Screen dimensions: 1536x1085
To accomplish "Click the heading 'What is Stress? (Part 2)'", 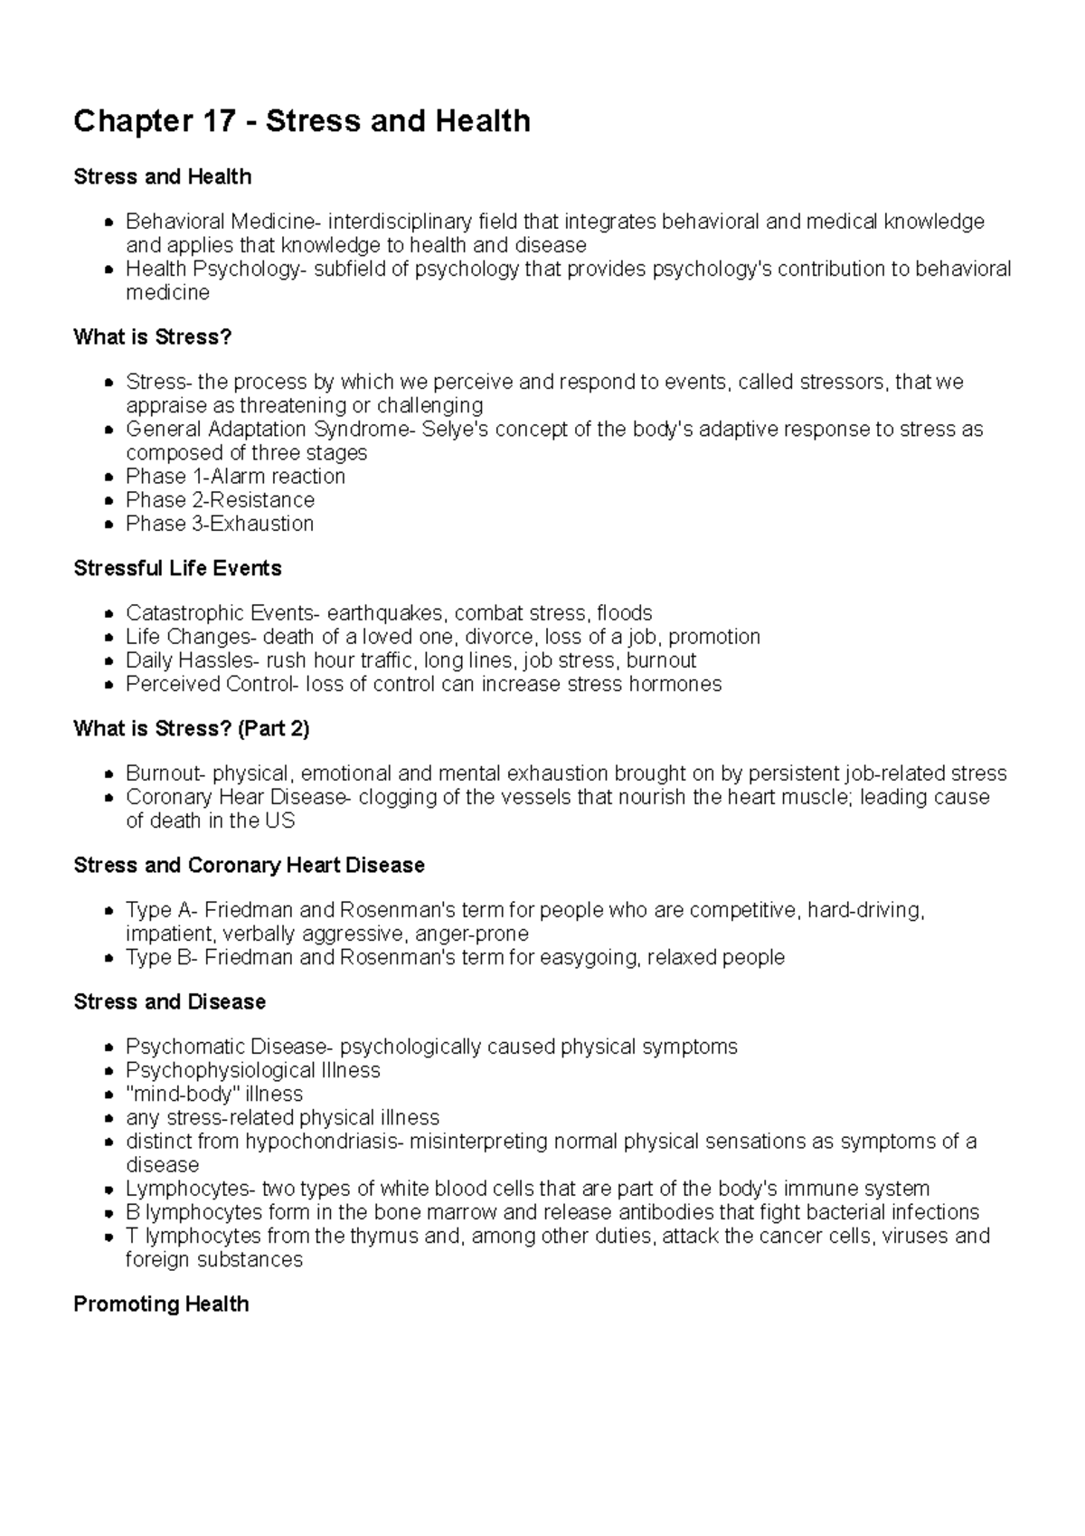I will click(191, 729).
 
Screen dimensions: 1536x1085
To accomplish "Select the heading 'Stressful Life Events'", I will click(177, 569).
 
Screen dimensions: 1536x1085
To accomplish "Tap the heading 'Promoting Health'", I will click(161, 1304).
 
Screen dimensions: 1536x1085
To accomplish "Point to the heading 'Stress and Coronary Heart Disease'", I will click(249, 866).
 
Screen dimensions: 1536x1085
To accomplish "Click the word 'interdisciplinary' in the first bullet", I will click(400, 223).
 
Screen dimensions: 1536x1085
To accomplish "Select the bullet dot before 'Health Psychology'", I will click(108, 270).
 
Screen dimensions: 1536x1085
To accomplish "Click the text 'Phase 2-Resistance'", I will click(220, 500).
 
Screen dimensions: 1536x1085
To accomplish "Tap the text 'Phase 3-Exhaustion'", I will click(220, 524).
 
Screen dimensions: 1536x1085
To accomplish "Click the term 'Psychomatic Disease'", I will click(225, 1048).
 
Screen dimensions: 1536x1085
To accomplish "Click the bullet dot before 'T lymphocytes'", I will click(108, 1237).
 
